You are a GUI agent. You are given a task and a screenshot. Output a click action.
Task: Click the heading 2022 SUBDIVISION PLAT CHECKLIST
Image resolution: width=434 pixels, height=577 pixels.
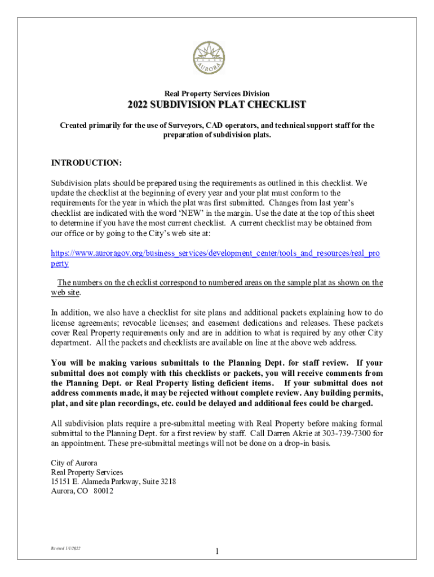(217, 105)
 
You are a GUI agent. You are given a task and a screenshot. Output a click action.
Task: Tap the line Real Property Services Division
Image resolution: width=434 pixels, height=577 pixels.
(217, 94)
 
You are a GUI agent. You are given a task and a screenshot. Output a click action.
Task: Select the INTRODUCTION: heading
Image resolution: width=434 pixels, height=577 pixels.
(86, 163)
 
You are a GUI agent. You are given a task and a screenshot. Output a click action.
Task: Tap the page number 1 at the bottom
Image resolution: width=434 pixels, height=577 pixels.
(217, 551)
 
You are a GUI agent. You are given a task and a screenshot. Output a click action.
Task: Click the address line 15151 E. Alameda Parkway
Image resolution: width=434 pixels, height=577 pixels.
(99, 481)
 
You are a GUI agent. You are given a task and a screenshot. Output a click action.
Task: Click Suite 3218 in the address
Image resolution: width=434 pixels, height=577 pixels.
(163, 481)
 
